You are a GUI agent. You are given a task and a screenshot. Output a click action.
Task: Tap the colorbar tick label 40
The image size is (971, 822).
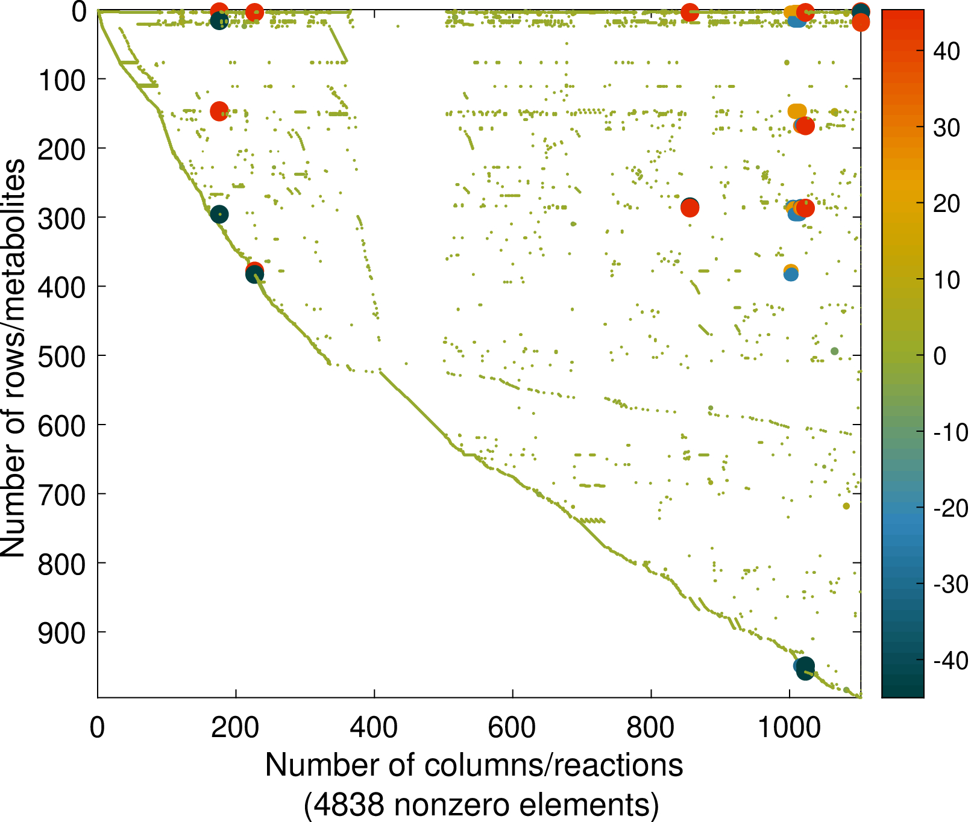click(946, 51)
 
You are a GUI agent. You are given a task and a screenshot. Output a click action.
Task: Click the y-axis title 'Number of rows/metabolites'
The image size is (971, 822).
click(13, 358)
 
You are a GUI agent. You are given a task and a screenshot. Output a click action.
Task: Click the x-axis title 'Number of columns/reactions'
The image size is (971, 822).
click(474, 765)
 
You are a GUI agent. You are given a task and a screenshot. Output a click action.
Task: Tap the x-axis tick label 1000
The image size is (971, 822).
click(788, 728)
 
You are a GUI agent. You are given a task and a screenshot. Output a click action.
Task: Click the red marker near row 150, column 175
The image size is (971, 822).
click(219, 111)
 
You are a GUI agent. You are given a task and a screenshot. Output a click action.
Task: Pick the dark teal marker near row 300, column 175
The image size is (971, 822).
click(219, 214)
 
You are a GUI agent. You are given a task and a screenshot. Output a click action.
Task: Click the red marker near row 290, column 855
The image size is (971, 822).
click(690, 208)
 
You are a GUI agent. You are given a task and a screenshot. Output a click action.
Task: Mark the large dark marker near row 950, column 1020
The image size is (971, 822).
click(805, 667)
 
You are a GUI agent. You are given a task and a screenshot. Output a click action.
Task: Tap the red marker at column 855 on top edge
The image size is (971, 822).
click(690, 12)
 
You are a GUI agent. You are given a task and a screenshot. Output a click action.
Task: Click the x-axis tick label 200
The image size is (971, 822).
click(236, 728)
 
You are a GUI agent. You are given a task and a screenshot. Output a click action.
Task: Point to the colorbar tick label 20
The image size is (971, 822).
click(946, 204)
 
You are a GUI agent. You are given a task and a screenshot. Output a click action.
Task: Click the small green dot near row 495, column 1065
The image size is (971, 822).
click(834, 351)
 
